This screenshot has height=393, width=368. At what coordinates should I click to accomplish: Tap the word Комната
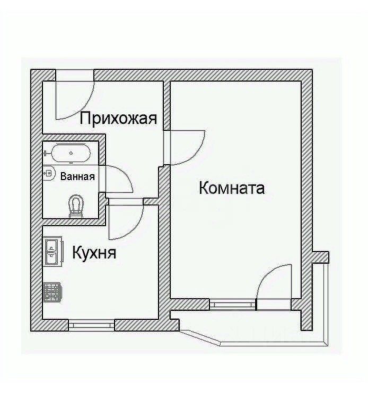click(231, 188)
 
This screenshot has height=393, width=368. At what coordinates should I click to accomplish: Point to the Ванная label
click(77, 177)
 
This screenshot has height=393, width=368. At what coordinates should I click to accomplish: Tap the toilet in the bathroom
click(76, 206)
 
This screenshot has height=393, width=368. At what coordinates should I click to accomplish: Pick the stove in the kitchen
click(52, 292)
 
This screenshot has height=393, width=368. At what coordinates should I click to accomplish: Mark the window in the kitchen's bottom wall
click(92, 324)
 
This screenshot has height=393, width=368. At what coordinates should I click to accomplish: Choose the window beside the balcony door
click(232, 305)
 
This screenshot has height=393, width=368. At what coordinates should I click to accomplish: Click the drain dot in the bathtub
click(71, 153)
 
